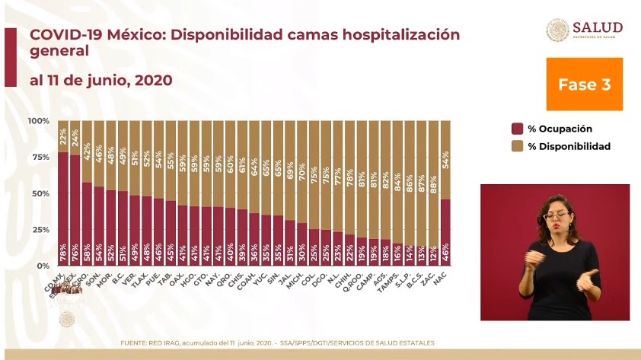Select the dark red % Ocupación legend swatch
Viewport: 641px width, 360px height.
tap(517, 129)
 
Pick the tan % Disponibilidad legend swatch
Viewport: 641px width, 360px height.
tap(517, 146)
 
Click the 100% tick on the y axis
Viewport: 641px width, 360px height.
tap(37, 121)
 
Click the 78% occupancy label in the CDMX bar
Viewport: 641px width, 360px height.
tap(62, 250)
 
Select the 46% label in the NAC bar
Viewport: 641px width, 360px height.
tap(445, 250)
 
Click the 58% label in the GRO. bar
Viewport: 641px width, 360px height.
tap(87, 250)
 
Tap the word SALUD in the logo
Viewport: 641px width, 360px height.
tap(598, 27)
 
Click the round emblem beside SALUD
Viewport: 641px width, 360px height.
tap(557, 30)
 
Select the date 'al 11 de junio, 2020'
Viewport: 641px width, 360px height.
tap(100, 80)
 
